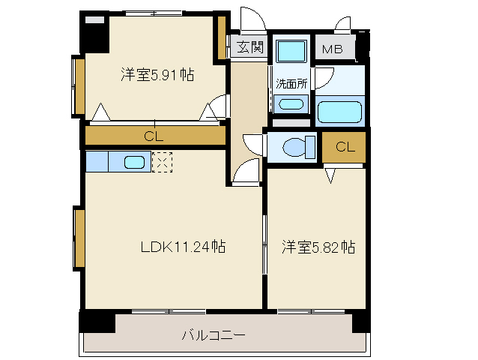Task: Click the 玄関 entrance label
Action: [250, 47]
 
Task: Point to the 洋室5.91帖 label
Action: [158, 74]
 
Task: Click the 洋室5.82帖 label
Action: [318, 247]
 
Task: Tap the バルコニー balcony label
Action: [214, 334]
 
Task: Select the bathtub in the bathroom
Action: [339, 112]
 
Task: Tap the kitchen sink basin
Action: [135, 162]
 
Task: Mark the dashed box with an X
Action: [162, 162]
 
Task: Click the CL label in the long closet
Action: [154, 136]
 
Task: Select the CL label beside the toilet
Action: [345, 146]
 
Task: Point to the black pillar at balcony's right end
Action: [361, 320]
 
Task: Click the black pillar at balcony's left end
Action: [97, 321]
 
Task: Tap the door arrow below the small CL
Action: [330, 176]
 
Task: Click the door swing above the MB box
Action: [344, 24]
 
